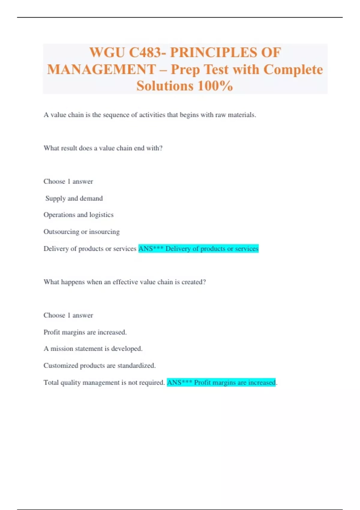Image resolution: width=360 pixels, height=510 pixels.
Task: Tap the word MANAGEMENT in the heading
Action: (101, 70)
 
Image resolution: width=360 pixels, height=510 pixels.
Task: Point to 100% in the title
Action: (215, 86)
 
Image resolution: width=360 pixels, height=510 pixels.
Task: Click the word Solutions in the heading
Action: (165, 86)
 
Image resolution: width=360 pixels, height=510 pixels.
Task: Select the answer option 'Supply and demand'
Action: (74, 198)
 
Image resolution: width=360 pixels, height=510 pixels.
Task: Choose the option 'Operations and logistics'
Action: (79, 215)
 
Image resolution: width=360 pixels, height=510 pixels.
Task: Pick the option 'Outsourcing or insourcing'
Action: (82, 232)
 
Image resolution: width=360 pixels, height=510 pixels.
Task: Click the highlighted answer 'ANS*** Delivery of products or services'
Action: (198, 249)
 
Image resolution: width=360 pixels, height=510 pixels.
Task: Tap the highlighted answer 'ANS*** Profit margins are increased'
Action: (221, 382)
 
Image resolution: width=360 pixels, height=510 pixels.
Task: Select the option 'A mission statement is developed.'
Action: (93, 349)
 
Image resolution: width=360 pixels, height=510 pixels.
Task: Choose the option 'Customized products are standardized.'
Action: (100, 365)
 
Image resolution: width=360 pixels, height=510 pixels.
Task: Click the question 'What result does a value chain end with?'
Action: (103, 148)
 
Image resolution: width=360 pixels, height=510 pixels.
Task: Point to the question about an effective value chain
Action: (124, 282)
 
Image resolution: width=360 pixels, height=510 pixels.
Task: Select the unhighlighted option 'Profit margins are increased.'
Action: (85, 332)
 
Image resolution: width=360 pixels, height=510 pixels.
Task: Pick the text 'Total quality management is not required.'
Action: (104, 382)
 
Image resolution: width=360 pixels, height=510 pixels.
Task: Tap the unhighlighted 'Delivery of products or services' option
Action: (90, 249)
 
